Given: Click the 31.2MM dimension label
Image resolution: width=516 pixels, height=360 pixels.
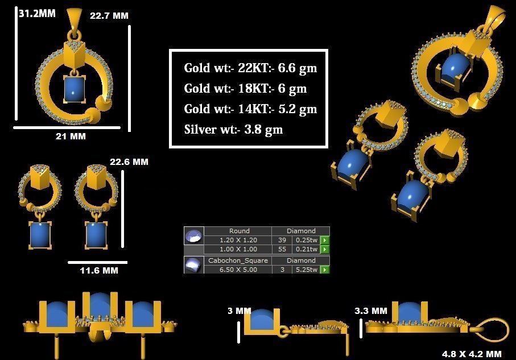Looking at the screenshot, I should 37,13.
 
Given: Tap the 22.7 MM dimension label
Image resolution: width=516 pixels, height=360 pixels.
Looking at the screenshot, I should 109,16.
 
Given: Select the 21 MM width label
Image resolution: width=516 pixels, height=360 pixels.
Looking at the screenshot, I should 71,136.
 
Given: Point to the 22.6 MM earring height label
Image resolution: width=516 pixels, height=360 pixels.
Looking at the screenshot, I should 129,162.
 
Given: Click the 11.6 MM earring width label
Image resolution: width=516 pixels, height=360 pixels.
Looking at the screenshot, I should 99,270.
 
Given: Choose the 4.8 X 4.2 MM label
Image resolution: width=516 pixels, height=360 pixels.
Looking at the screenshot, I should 472,354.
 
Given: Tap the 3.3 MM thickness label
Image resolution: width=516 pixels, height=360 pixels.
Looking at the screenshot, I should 370,311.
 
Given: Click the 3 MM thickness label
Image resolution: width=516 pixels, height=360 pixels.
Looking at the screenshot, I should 239,311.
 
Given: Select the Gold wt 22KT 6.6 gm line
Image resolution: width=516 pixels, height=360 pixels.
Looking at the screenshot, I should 250,68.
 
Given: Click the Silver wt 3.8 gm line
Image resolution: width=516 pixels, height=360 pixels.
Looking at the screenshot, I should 233,129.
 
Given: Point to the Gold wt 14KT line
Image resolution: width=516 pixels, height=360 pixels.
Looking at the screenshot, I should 250,109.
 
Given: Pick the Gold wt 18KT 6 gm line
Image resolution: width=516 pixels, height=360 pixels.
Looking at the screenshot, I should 245,89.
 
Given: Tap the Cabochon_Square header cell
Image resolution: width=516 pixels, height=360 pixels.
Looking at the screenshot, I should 238,260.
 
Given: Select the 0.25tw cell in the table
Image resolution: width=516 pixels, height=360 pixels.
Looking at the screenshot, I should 306,240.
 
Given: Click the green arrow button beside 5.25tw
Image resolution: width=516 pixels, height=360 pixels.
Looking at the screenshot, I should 325,270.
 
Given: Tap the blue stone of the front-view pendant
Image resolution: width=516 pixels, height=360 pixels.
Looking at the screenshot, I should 74,89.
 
